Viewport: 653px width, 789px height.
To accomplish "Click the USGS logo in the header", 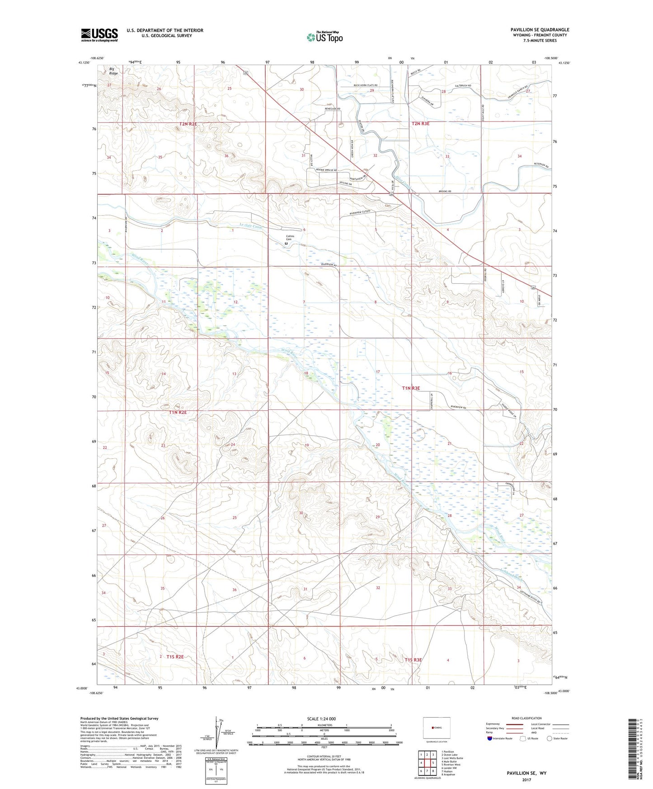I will (99, 35).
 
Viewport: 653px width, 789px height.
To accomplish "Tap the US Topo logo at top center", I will (324, 37).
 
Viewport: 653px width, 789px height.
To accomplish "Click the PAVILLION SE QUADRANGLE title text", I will (540, 30).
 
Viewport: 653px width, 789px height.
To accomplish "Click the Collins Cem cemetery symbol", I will (286, 244).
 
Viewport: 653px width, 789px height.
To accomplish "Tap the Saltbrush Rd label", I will (463, 85).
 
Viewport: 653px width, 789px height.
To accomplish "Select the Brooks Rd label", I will (445, 192).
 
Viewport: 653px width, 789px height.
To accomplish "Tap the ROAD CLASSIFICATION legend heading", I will (526, 718).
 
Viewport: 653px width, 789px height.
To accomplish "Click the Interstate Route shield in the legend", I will (489, 738).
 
